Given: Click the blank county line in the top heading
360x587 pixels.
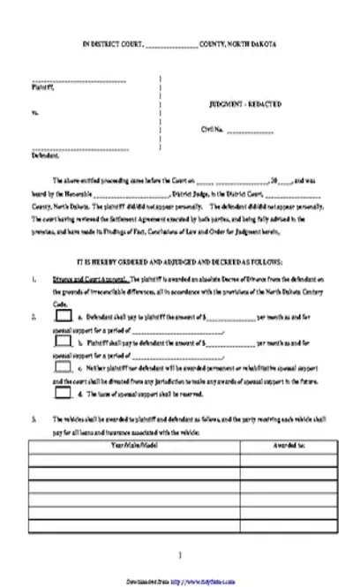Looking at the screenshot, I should (170, 44).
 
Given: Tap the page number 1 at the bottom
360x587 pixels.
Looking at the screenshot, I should (180, 555).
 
